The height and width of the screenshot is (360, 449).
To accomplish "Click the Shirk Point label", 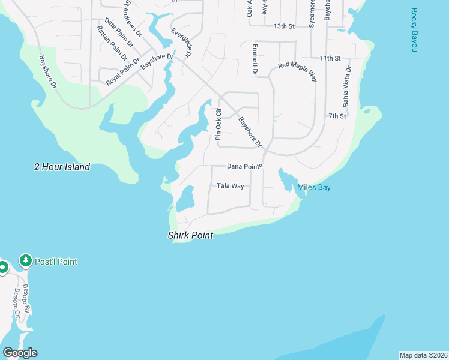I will [190, 236].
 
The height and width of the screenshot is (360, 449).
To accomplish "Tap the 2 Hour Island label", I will [62, 167].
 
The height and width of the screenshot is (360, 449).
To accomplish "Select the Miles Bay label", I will [314, 188].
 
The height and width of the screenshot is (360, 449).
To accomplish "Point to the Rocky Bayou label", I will [414, 30].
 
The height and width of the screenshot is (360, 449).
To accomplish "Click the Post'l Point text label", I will [56, 262].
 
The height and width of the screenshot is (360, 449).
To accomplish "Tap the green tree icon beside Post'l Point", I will [25, 261].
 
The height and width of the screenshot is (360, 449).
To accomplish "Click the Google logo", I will [20, 353].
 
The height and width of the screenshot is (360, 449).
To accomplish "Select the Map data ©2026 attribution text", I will [423, 355].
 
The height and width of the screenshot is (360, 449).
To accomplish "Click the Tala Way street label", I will [231, 186].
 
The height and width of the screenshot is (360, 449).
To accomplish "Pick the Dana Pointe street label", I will [245, 166].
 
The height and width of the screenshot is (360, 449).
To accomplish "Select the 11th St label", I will [330, 58].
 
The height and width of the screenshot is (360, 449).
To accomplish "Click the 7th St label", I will [337, 116].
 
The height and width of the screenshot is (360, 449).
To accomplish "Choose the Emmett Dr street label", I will [255, 59].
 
